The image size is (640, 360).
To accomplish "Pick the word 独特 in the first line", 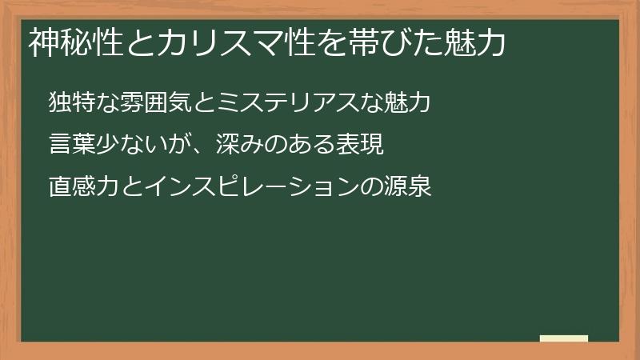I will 72,103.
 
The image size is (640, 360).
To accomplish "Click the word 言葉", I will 72,145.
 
